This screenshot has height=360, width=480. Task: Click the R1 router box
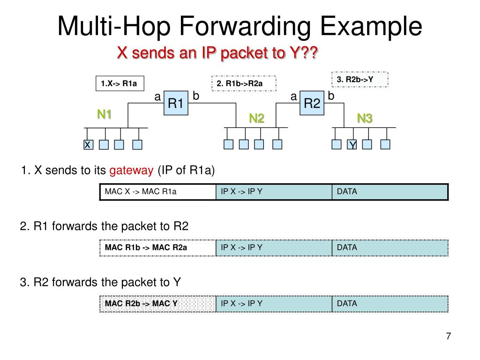coord(176,103)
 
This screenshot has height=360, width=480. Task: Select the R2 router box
coord(312,103)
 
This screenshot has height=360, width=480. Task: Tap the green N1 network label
coord(105,114)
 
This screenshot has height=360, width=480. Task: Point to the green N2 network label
coord(256,119)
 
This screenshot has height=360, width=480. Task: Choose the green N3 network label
coord(365,119)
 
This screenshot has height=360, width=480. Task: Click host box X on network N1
coord(88,145)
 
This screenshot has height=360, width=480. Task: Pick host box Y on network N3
coord(352,145)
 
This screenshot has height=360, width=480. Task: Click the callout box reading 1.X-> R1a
coord(119,84)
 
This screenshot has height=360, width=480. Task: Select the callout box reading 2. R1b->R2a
coord(244,84)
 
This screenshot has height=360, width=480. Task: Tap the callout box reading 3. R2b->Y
coord(360,79)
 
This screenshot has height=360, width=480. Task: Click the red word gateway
coord(131,170)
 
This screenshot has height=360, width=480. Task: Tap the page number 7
coord(448,336)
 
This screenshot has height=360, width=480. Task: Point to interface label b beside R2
coord(331,96)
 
